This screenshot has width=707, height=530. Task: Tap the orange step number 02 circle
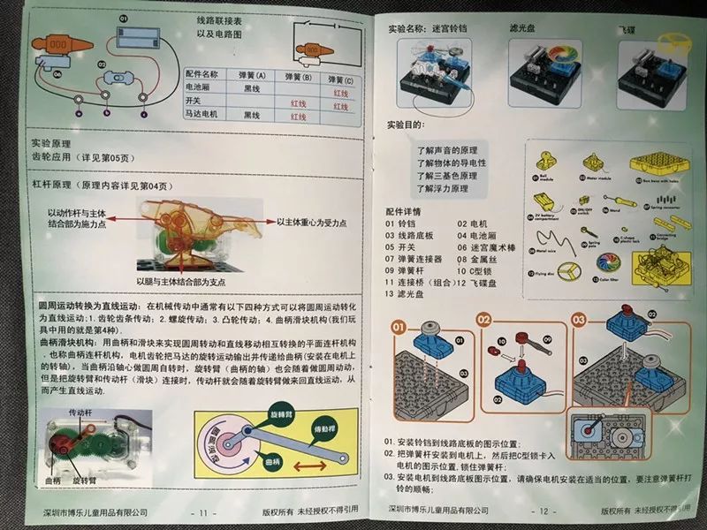click(x=483, y=318)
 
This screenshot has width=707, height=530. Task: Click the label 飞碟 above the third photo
click(x=650, y=27)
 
